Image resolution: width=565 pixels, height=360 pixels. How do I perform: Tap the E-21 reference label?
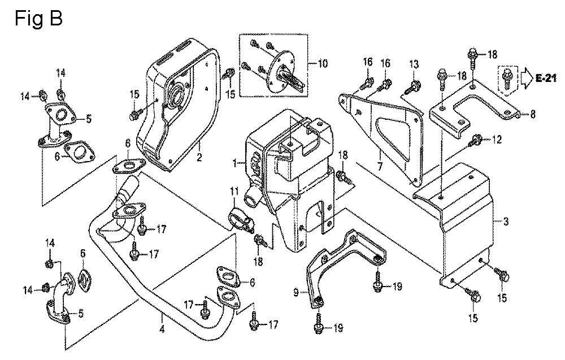coord(546,78)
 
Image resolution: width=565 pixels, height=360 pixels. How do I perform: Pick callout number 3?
coord(506,222)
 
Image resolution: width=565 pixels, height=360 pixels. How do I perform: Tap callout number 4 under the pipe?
coord(162,329)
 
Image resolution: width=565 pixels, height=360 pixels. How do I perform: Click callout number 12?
coord(497,139)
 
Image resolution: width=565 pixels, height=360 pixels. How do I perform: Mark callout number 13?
coord(414,63)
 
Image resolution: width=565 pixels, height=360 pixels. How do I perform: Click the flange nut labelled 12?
coord(476,139)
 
